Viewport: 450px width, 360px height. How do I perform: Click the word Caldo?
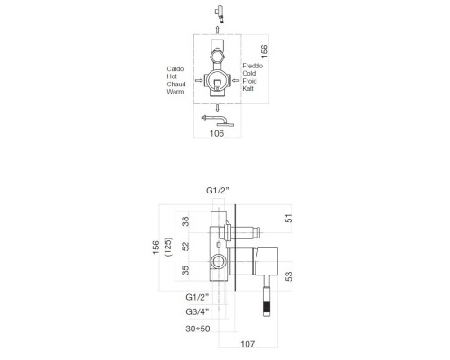coord(176,68)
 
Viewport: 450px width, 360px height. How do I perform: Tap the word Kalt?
coord(250,91)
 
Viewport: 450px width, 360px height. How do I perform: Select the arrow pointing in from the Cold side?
coord(238,80)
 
